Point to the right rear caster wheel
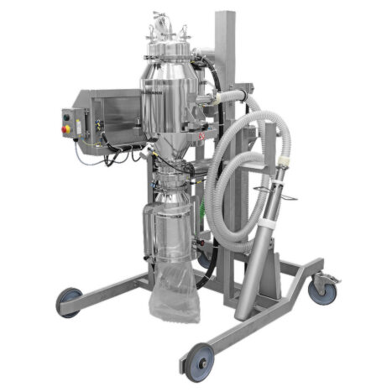point(321,290)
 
